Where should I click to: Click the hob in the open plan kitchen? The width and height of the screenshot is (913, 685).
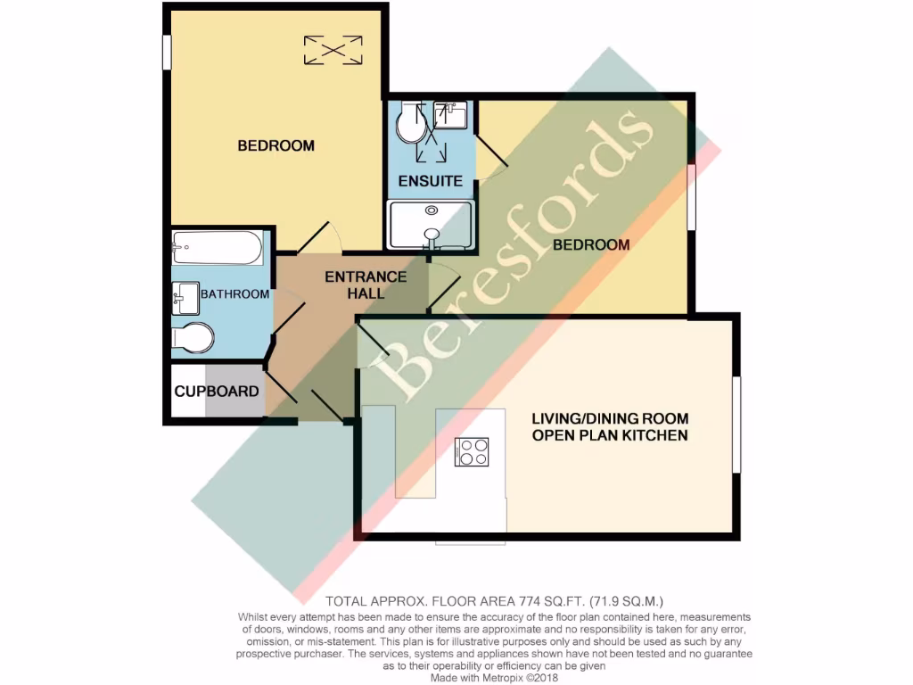point(472,452)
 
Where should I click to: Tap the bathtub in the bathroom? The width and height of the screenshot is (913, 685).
point(218,249)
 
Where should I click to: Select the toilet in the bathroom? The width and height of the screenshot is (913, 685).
point(193,338)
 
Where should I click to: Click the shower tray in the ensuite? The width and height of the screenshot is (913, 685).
point(431,224)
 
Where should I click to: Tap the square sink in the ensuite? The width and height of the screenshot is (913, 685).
point(449,115)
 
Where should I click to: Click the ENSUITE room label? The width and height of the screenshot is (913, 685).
point(431,181)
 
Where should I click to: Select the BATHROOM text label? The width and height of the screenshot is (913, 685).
point(234,294)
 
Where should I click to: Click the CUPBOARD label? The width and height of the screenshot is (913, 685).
point(217,392)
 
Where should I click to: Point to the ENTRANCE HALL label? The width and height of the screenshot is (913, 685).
point(366,285)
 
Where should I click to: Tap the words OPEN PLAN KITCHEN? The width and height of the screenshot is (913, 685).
point(610,435)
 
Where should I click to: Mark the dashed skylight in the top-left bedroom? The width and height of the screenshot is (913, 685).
point(333,49)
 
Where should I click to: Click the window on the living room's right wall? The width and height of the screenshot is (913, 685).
point(736,425)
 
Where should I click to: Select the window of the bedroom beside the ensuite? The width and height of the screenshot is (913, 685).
point(691,199)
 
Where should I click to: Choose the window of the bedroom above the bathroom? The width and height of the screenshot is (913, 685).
point(166,52)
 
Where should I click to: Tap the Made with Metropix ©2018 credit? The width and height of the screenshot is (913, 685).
point(456,677)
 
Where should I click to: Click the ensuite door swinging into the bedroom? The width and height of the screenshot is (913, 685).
point(492,153)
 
